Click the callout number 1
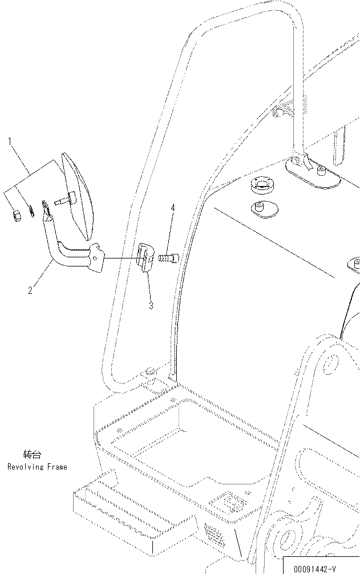click(x=10, y=140)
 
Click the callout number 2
click(x=30, y=290)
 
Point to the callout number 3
click(x=151, y=306)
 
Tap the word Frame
click(x=56, y=467)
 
